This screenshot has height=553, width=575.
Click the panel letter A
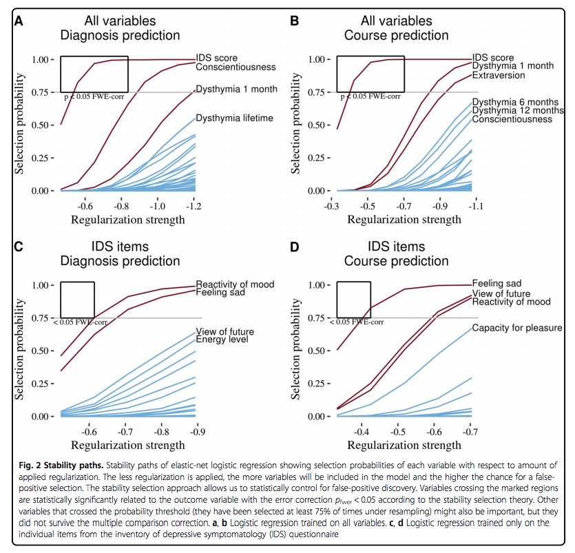(18, 21)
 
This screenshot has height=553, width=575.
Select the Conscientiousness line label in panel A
(236, 67)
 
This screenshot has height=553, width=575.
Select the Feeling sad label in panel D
(496, 283)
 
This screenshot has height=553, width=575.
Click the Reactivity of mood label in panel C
(235, 284)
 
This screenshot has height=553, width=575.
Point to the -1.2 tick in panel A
(196, 205)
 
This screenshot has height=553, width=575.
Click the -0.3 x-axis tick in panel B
(335, 205)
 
